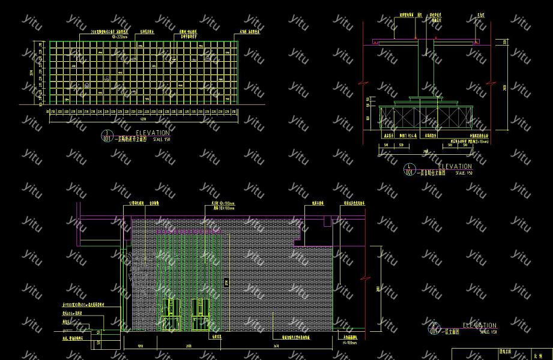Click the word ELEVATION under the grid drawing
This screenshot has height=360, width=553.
153,133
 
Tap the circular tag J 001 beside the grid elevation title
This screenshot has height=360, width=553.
107,136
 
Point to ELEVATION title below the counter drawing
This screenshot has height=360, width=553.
455,166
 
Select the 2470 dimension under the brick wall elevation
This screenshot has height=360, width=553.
276,346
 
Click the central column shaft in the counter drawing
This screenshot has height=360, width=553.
426,66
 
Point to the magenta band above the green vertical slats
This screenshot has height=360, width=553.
189,230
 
